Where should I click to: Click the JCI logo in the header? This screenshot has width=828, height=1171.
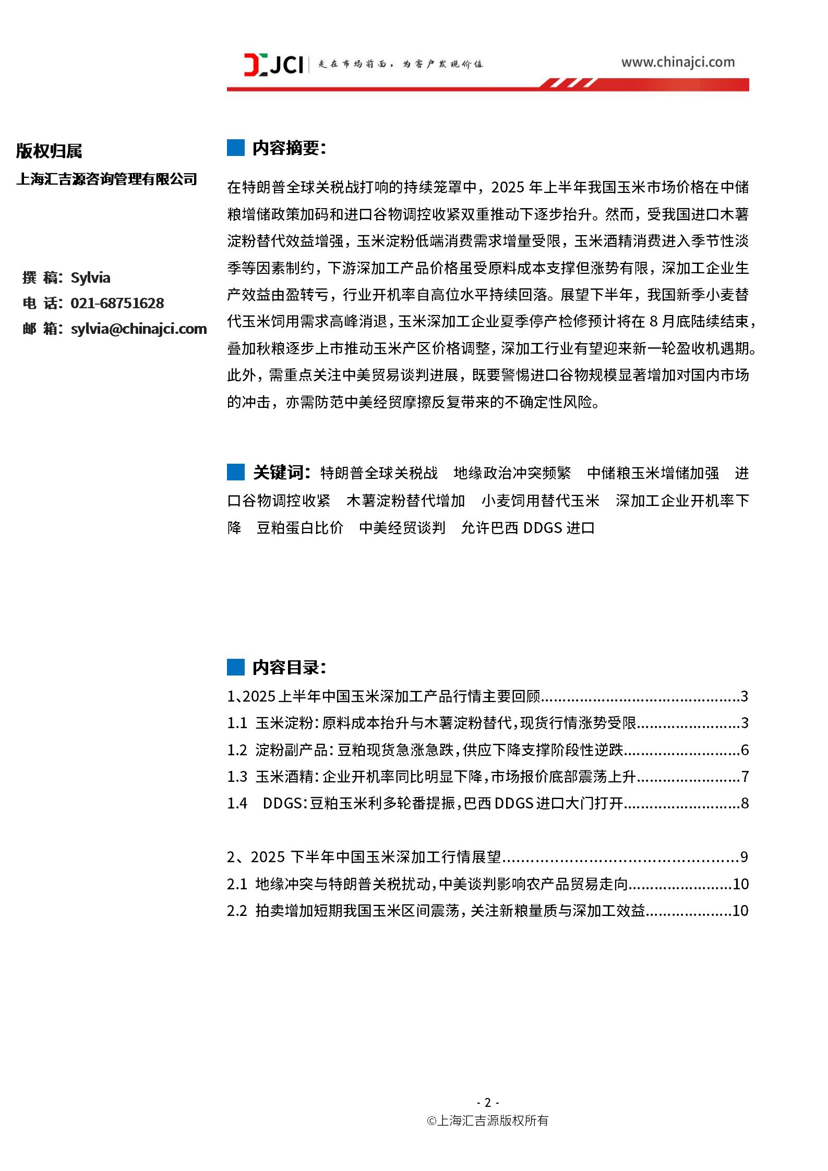coord(273,65)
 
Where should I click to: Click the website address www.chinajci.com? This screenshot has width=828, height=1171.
coord(677,63)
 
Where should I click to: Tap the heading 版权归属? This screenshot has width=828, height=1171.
coord(49,151)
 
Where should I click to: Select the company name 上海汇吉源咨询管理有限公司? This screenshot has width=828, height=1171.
coord(107,179)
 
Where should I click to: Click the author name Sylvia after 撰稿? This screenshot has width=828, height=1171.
coord(90,277)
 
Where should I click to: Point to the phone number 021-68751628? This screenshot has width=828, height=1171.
coord(117,303)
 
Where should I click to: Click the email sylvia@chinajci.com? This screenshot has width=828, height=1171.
coord(139,329)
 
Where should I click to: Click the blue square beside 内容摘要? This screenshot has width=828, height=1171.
coord(236,148)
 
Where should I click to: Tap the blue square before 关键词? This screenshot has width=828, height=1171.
coord(236,473)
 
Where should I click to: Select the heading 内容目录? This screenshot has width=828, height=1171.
coord(289,667)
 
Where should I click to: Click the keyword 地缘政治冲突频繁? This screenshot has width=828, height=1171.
coord(512,473)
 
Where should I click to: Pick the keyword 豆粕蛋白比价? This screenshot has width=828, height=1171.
coord(300,528)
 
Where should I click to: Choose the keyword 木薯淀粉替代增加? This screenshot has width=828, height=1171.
coord(405,501)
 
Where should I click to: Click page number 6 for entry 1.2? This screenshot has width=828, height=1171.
coord(745,750)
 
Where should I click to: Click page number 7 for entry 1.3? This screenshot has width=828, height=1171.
coord(745,777)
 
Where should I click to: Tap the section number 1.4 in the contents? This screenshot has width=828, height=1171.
coord(237,803)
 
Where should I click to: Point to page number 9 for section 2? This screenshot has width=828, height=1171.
coord(744,857)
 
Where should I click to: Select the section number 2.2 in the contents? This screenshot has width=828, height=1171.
coord(237,911)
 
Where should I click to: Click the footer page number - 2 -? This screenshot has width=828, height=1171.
coord(488,1102)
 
